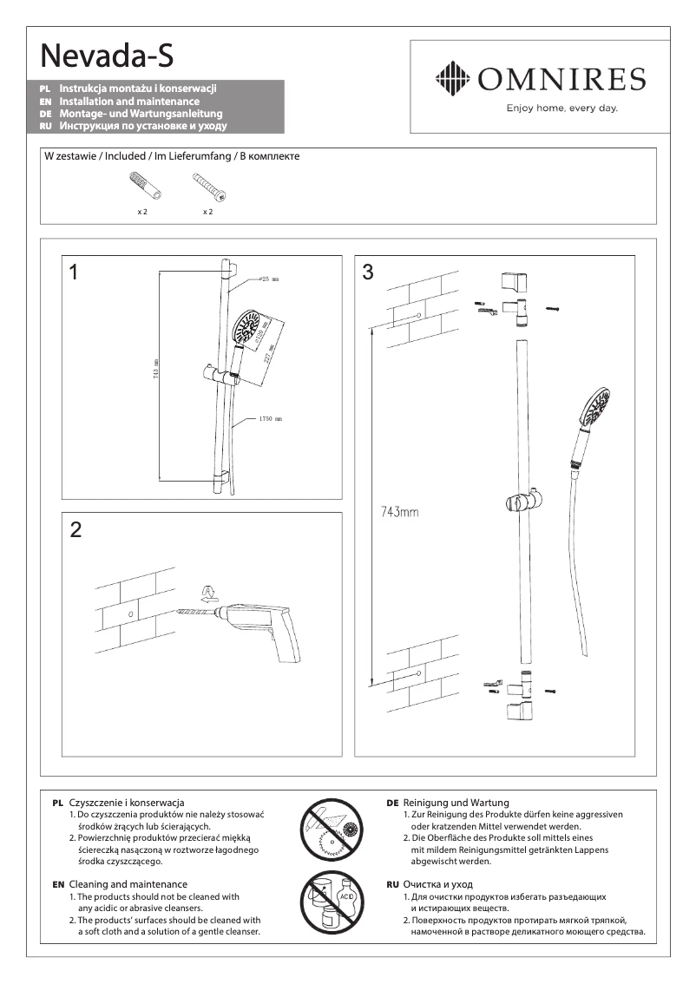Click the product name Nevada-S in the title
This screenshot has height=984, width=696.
107,56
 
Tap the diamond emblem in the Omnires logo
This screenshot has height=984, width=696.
451,79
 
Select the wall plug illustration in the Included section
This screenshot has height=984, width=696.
139,187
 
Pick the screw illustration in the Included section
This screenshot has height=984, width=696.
208,187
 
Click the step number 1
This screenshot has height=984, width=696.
75,272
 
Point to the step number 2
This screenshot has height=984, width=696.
76,530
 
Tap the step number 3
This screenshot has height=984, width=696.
368,272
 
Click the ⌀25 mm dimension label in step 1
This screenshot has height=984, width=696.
268,279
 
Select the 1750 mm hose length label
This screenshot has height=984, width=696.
270,419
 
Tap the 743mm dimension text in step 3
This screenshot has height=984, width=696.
399,512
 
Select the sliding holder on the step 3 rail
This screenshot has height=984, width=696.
523,502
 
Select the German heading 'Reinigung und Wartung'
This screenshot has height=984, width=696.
456,803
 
